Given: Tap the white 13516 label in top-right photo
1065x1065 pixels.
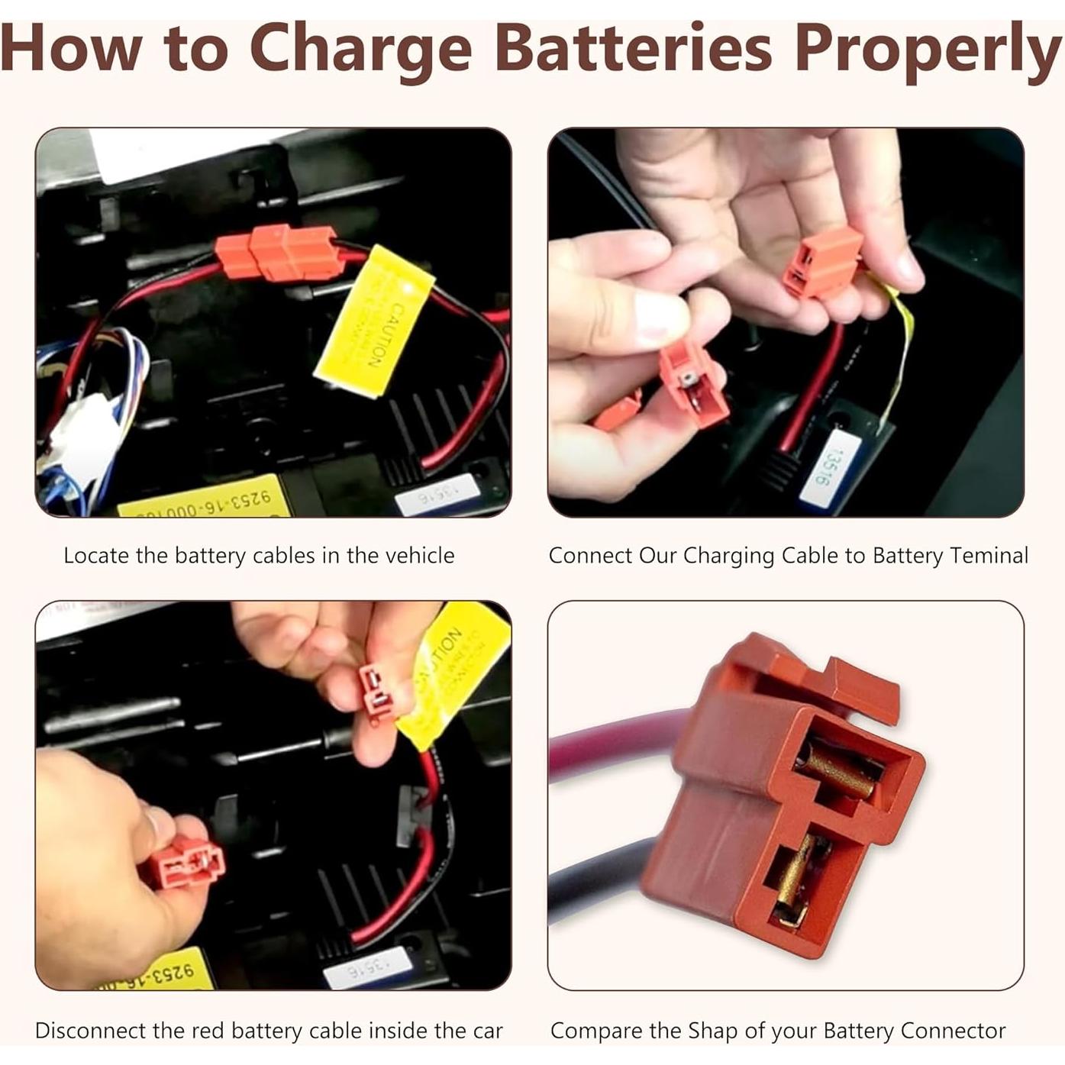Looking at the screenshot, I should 821,467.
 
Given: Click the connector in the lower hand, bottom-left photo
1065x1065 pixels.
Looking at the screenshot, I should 187,863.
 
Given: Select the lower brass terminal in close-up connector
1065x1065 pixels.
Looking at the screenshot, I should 798,878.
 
